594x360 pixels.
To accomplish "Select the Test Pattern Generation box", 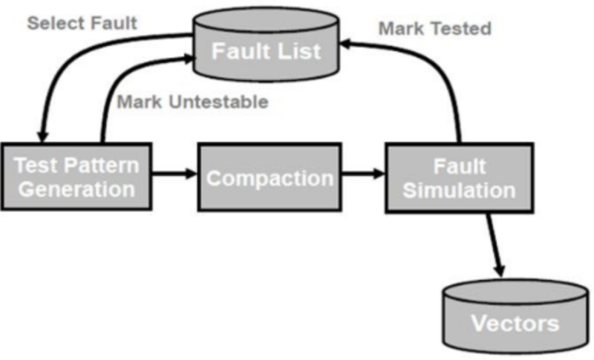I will click(76, 177).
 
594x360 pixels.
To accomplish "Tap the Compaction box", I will click(269, 177).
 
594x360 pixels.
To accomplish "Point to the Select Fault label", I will click(82, 23).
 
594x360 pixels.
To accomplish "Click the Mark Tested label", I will click(434, 29).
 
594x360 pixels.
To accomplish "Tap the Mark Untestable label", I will click(192, 102).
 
